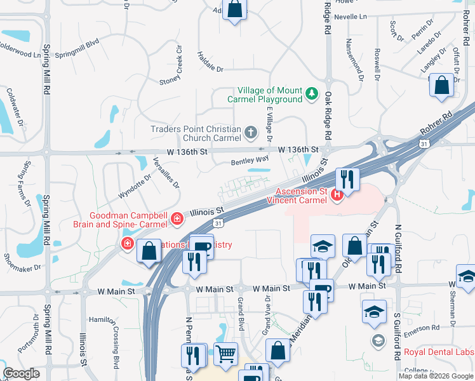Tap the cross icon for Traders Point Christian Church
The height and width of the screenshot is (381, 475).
(x=251, y=133)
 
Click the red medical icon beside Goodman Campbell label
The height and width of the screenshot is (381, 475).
(x=177, y=220)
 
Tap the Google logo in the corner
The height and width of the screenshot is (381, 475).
(x=21, y=373)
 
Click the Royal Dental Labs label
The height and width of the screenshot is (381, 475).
(x=439, y=352)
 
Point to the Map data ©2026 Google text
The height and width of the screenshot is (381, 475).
(x=436, y=376)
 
